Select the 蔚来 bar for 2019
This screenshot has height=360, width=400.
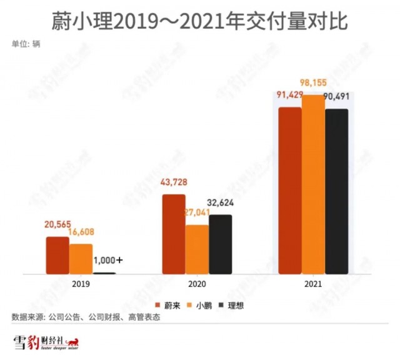pos(57,255)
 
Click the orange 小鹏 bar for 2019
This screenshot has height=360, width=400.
pos(81,259)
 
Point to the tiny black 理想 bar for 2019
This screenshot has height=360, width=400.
pos(104,273)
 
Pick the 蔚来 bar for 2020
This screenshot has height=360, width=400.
pos(174,234)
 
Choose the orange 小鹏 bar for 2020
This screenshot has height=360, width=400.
pos(197,249)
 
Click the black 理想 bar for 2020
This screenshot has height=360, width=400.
pos(221,244)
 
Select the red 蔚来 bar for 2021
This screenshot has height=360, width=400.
pos(290,191)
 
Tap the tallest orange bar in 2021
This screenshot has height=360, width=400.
pos(313,184)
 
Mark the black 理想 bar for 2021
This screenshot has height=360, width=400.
pos(336,191)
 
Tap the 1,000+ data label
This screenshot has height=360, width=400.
pos(107,260)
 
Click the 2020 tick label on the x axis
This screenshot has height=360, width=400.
pos(197,284)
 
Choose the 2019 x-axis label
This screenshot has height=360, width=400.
pos(81,284)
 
